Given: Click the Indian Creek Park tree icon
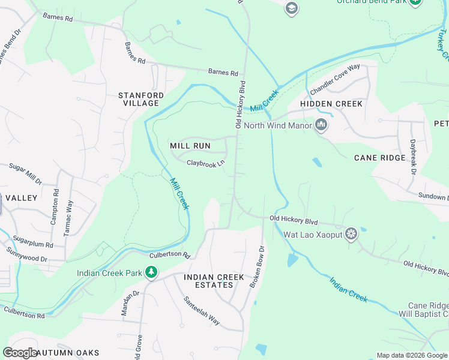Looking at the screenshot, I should click(x=152, y=274).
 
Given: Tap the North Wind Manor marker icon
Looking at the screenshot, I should click(x=321, y=125).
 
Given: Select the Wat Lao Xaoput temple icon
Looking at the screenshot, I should click(x=351, y=234).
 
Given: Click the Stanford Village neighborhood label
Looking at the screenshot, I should click(x=140, y=99).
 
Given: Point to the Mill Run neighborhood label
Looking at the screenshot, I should click(x=190, y=146).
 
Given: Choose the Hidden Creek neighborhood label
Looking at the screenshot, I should click(x=331, y=104).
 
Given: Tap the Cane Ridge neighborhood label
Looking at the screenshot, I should click(x=379, y=158).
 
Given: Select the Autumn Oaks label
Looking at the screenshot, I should click(x=67, y=353).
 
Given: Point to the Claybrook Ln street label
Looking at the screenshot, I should click(x=205, y=163).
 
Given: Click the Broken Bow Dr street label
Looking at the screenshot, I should click(x=257, y=267).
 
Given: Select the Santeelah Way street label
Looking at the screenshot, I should click(x=201, y=311).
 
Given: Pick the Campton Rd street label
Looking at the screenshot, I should click(x=55, y=206).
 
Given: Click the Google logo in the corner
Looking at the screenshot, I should click(x=20, y=353).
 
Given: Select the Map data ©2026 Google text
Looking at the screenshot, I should click(x=412, y=355).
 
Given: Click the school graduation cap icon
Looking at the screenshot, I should click(x=292, y=8).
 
